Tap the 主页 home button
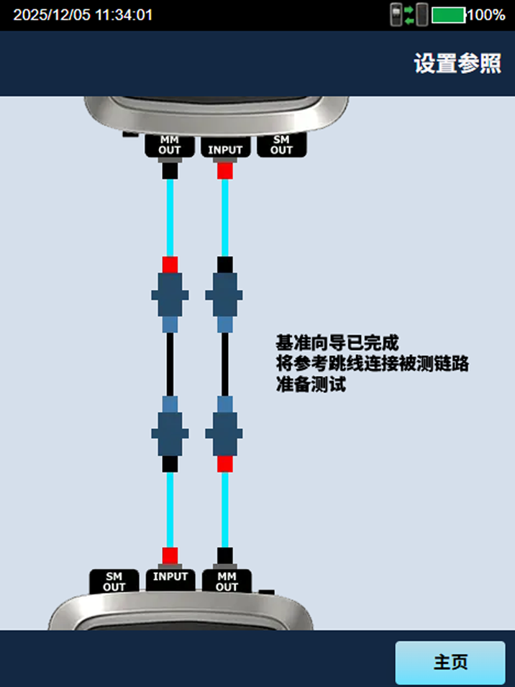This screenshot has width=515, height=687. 450,663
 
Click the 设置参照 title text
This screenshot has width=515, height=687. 457,63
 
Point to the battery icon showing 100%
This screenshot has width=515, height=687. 447,14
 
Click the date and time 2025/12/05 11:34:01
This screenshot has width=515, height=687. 83,14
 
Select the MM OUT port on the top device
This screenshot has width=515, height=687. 170,145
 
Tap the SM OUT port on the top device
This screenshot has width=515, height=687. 281,145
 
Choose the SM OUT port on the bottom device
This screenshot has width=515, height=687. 114,581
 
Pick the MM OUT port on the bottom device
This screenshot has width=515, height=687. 227,581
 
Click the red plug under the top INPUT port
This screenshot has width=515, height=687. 225,171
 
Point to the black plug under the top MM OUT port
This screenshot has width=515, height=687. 170,171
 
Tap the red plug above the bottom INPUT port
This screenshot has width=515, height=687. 170,555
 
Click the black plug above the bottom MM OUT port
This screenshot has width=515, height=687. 225,555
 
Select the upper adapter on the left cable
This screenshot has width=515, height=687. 170,295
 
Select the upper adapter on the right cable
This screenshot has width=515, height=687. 225,295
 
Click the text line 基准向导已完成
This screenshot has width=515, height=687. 337,342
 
